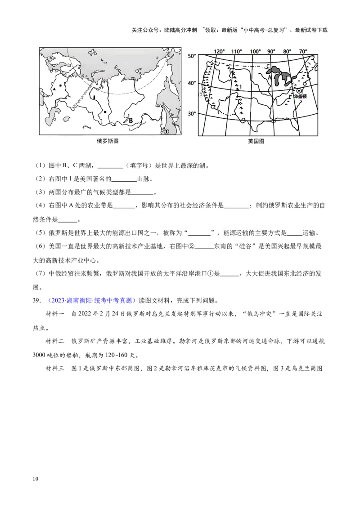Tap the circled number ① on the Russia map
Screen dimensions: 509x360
pyautogui.click(x=166, y=131)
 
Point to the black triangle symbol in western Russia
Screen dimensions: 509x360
pyautogui.click(x=54, y=89)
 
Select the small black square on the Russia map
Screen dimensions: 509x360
pyautogui.click(x=105, y=112)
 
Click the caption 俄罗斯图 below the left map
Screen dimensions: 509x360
pyautogui.click(x=108, y=141)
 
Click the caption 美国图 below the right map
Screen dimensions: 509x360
pyautogui.click(x=256, y=141)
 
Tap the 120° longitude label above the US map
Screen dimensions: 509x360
pyautogui.click(x=219, y=51)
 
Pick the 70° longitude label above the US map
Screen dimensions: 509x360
pyautogui.click(x=303, y=51)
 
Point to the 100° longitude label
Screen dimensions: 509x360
pyautogui.click(x=255, y=51)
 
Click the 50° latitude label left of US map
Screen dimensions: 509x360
pyautogui.click(x=192, y=56)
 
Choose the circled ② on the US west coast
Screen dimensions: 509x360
pyautogui.click(x=201, y=95)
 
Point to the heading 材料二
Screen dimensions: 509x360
pyautogui.click(x=56, y=341)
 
